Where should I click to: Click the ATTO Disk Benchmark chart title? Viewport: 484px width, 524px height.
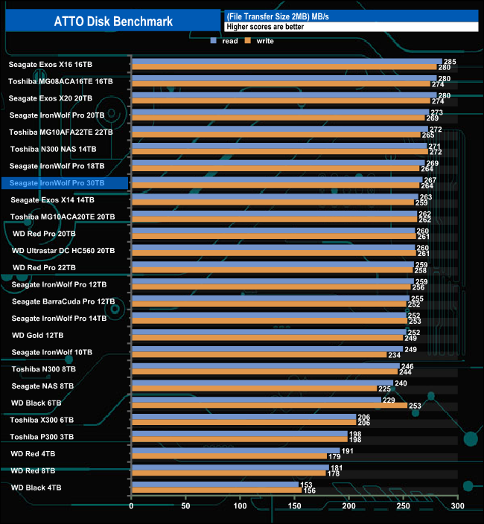tap(113, 22)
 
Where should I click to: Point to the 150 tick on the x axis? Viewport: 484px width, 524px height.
tap(294, 506)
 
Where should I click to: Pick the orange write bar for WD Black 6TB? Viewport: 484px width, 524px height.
tap(269, 406)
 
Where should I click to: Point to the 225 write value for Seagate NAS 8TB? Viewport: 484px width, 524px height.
tap(385, 389)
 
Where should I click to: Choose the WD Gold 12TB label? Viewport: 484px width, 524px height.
tap(38, 335)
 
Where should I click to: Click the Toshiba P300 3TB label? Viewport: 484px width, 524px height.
tap(42, 436)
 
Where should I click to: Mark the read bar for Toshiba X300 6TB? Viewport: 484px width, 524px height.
tap(243, 417)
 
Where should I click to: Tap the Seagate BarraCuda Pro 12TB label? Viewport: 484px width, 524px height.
tap(63, 301)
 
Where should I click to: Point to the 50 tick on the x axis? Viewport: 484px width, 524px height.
tap(185, 506)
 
